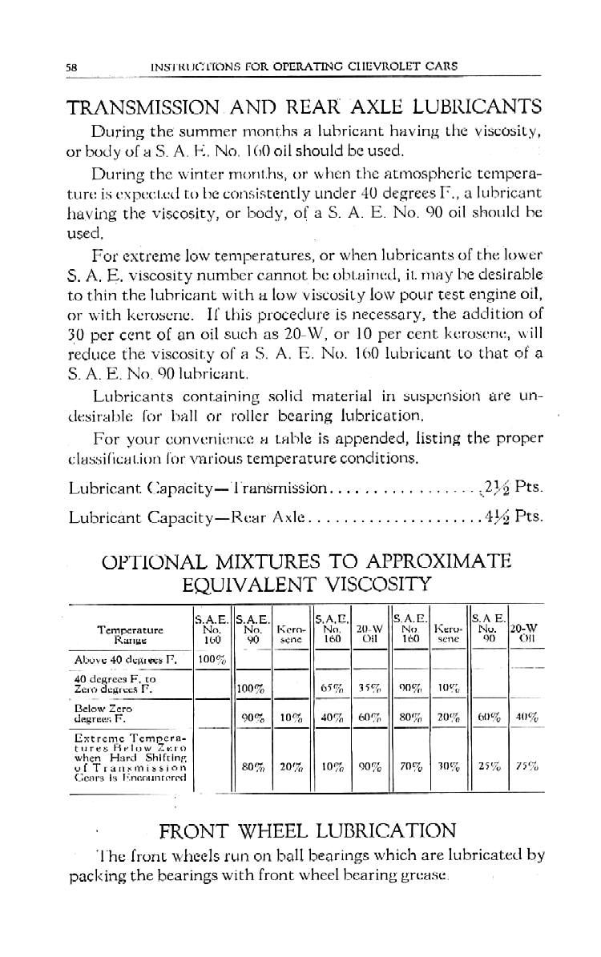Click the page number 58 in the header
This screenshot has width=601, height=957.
tap(70, 67)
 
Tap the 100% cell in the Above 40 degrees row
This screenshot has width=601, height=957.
tap(210, 658)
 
